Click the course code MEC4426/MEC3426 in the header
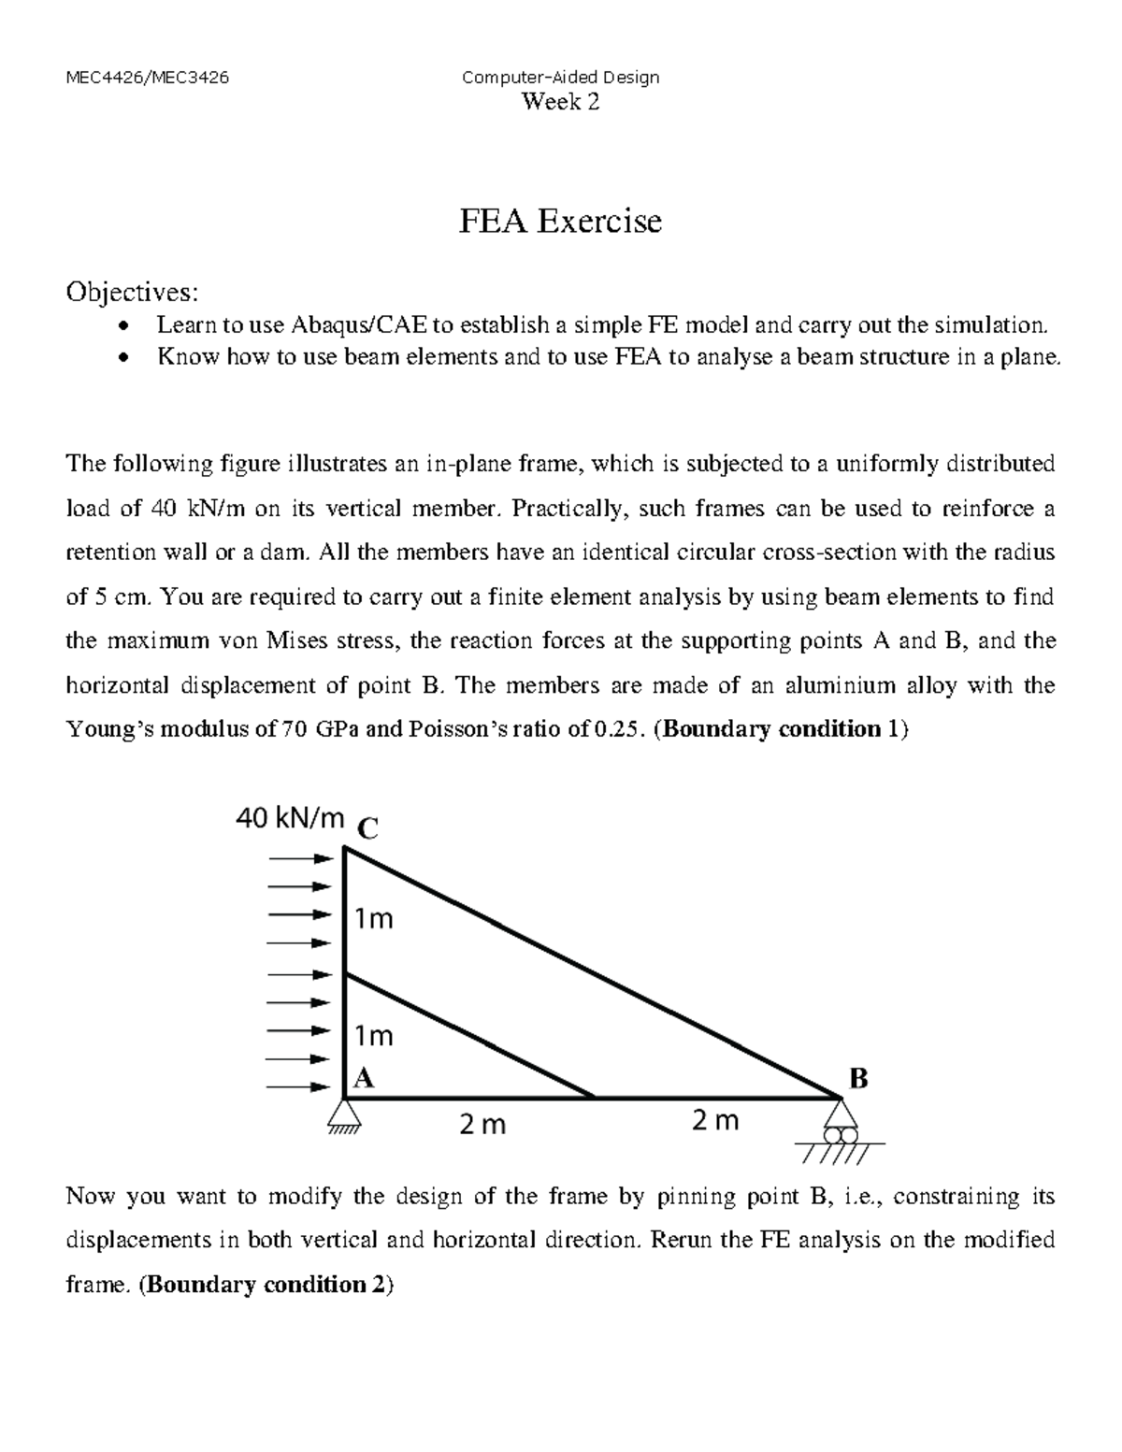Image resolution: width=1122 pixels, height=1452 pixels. (147, 78)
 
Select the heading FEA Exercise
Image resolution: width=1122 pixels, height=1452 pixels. (559, 222)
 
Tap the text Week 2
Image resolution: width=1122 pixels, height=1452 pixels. (560, 103)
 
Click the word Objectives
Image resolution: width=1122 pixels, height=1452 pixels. (131, 293)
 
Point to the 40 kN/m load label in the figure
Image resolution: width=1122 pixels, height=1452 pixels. (290, 818)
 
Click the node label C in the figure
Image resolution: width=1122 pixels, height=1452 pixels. (368, 828)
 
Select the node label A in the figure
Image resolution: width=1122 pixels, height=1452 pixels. (364, 1078)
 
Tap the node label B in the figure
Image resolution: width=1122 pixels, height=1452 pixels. (857, 1079)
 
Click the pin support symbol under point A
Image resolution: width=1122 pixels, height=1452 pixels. (345, 1115)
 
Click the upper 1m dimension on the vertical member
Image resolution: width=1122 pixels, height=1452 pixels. (374, 919)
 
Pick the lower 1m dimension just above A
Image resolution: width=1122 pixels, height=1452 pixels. (374, 1036)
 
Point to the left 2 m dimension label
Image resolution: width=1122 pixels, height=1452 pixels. (482, 1125)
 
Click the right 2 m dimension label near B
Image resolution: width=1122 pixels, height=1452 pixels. (715, 1120)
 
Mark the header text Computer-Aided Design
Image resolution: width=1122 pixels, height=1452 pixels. (560, 78)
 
